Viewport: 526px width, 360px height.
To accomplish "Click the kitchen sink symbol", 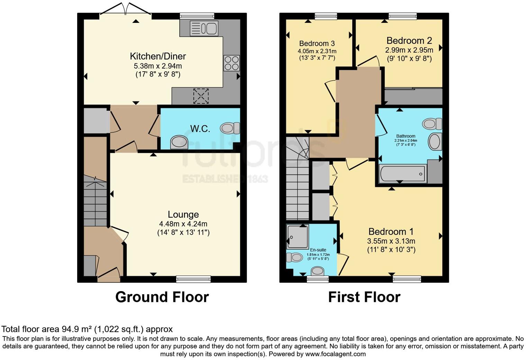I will point(203,28).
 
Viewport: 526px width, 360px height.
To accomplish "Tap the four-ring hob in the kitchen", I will point(232,63).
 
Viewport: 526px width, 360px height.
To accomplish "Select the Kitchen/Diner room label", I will point(158,56).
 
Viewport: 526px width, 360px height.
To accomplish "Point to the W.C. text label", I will point(200,129).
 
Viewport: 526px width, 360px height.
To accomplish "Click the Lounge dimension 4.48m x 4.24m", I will point(183,224).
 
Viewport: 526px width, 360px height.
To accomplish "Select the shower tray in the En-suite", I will point(297,236).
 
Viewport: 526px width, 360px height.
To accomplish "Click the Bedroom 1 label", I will point(391,232).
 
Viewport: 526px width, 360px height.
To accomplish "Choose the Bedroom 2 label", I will point(409,40).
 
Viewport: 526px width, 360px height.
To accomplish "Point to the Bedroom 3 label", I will point(317,43).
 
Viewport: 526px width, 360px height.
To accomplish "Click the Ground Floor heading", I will point(162,297).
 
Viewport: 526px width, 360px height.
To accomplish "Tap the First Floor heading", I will point(364,297).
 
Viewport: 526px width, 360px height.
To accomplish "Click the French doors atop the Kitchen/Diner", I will point(126,10).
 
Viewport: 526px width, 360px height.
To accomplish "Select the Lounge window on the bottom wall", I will point(193,279).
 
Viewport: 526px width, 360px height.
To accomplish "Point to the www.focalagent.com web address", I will point(335,354).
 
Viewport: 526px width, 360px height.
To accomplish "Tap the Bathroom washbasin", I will point(435,142).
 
